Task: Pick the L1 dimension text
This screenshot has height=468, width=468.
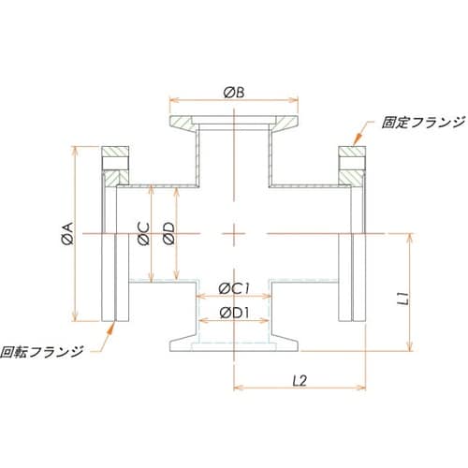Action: pos(400,300)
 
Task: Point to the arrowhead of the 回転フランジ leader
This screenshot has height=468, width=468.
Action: pos(114,324)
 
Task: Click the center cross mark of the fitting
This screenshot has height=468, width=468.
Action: pos(233,232)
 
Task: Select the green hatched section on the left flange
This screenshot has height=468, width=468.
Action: pos(113,155)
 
